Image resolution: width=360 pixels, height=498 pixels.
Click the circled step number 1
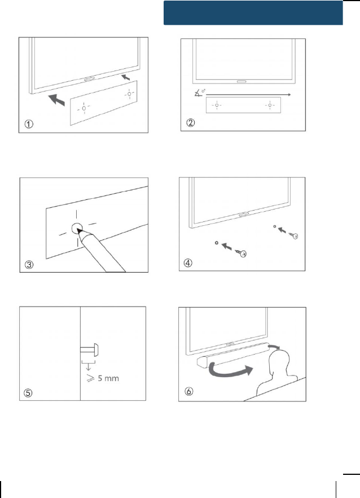pyautogui.click(x=29, y=124)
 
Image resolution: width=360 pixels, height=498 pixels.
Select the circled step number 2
pyautogui.click(x=191, y=123)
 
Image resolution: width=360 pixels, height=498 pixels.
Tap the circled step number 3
pyautogui.click(x=29, y=264)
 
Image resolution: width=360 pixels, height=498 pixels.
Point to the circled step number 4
pyautogui.click(x=188, y=263)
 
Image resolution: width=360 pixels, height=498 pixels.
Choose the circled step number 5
pyautogui.click(x=28, y=393)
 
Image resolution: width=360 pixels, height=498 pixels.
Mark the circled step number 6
pyautogui.click(x=188, y=391)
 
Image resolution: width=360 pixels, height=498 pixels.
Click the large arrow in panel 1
pyautogui.click(x=57, y=100)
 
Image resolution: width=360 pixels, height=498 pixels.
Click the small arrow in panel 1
pyautogui.click(x=126, y=77)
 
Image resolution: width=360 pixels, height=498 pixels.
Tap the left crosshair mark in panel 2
pyautogui.click(x=217, y=105)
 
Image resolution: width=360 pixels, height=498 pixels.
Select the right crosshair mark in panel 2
pyautogui.click(x=270, y=105)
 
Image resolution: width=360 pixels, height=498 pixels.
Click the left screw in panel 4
pyautogui.click(x=241, y=253)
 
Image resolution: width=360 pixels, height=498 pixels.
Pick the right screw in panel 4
pyautogui.click(x=293, y=235)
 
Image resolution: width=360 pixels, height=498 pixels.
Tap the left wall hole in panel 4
pyautogui.click(x=217, y=243)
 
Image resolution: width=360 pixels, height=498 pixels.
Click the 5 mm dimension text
pyautogui.click(x=103, y=378)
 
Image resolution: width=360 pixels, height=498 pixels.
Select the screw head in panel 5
pyautogui.click(x=96, y=350)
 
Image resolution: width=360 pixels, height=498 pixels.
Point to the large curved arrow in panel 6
pyautogui.click(x=230, y=371)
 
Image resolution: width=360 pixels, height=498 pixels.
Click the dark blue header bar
pyautogui.click(x=253, y=12)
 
